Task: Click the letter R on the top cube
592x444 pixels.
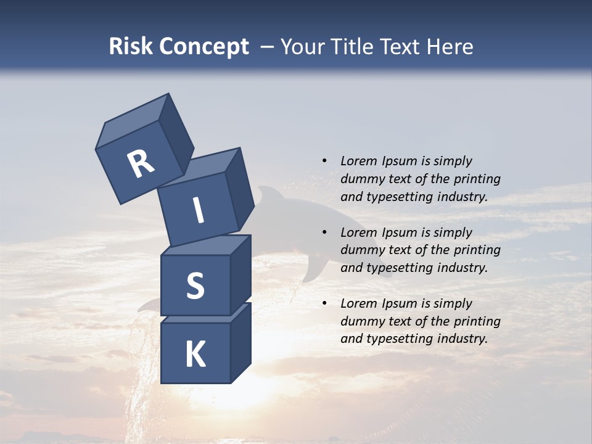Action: [141, 164]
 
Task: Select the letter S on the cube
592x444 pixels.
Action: [195, 286]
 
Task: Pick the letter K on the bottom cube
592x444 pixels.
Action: [195, 355]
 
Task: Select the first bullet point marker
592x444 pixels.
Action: [324, 161]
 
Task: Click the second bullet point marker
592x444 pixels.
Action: [324, 232]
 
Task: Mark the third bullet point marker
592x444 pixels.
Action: [324, 303]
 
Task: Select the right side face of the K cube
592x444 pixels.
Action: [240, 342]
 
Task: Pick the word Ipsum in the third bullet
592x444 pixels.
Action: [399, 303]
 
